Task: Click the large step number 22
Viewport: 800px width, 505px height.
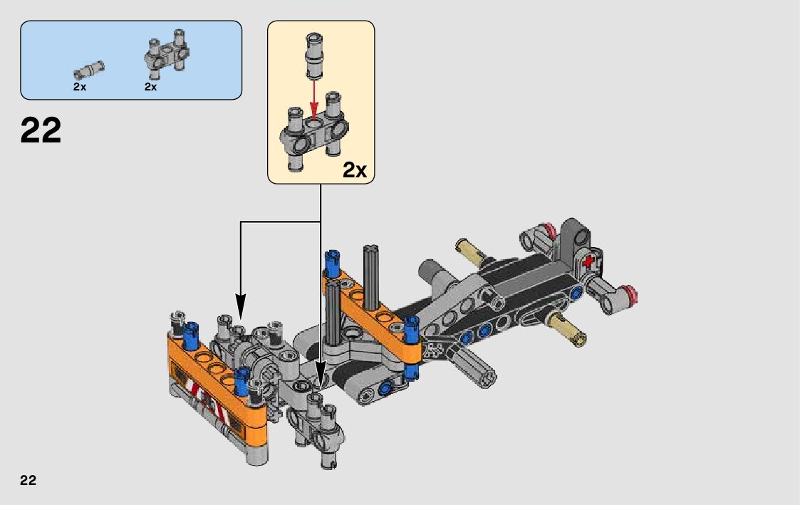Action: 41,130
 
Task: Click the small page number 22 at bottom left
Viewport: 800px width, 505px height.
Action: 28,480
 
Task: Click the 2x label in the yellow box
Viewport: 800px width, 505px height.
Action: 355,170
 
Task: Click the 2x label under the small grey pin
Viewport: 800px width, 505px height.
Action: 80,87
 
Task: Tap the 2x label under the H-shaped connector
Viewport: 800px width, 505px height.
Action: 150,87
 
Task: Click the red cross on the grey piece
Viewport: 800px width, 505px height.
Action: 588,261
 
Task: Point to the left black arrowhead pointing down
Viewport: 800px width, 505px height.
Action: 240,306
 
